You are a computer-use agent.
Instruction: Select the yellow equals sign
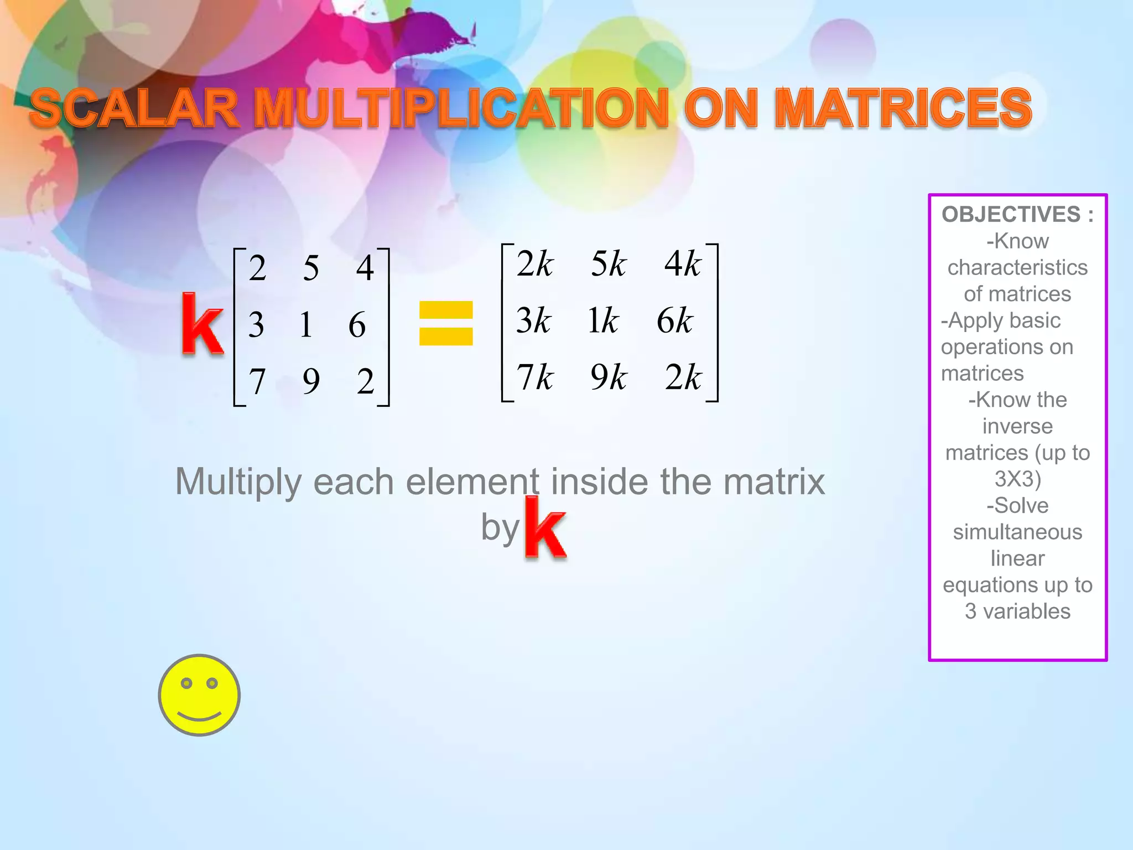tap(446, 323)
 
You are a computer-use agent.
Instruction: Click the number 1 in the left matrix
tap(306, 324)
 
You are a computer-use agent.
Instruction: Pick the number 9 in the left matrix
tap(311, 381)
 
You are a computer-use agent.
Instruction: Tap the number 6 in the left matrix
tap(357, 324)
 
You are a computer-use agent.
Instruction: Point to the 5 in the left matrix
tap(311, 268)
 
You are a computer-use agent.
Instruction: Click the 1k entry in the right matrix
tap(603, 320)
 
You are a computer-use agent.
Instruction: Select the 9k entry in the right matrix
tap(609, 377)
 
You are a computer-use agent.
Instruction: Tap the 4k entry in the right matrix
tap(683, 263)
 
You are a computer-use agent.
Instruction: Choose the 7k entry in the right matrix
tap(535, 377)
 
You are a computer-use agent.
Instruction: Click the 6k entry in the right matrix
tap(674, 320)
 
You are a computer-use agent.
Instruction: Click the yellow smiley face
tap(199, 695)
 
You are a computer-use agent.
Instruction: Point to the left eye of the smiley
tap(186, 683)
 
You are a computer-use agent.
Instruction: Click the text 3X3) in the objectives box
tap(1017, 479)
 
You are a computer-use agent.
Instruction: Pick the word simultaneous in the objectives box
tap(1017, 532)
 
